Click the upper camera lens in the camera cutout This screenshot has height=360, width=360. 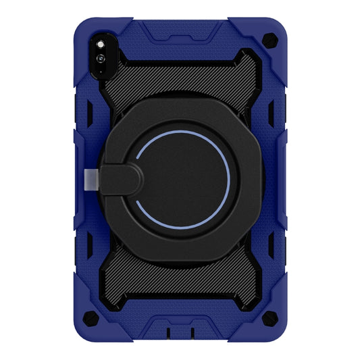click(101, 44)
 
